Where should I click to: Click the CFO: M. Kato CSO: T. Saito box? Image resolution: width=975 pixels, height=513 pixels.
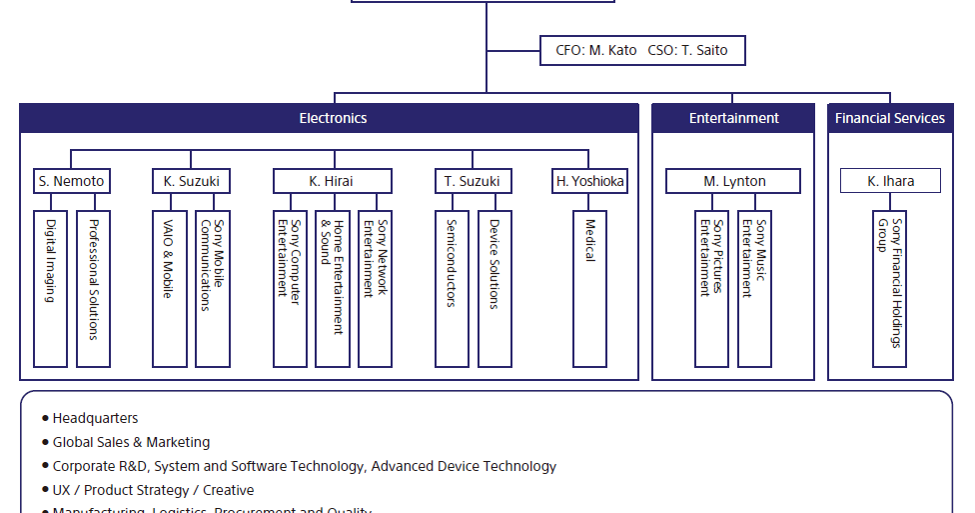(x=641, y=51)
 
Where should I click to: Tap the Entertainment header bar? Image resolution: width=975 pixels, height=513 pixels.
(x=733, y=118)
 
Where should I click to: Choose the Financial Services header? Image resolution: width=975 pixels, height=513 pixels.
(x=889, y=118)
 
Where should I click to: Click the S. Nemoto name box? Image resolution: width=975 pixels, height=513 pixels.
(x=71, y=181)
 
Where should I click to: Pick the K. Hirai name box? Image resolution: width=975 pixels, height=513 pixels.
(x=332, y=181)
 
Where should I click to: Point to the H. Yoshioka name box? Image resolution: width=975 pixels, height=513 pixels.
(x=590, y=181)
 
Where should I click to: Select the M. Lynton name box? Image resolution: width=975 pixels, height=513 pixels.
(x=734, y=181)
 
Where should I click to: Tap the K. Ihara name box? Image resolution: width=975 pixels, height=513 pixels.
(x=890, y=181)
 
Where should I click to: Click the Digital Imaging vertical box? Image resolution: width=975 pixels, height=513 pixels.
(x=50, y=288)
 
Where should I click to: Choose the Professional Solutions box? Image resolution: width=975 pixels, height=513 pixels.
(x=93, y=288)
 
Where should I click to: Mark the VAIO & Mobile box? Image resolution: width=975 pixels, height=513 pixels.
(x=169, y=288)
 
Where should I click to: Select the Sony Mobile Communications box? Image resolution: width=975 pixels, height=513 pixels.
(x=212, y=288)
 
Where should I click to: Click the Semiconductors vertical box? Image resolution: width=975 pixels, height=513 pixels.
(x=452, y=288)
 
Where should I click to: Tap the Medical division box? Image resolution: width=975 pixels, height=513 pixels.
(x=589, y=288)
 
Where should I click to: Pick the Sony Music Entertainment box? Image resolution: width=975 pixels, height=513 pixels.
(x=754, y=288)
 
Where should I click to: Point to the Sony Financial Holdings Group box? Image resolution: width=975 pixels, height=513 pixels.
(x=889, y=288)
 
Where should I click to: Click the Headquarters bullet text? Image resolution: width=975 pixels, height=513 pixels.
(x=95, y=418)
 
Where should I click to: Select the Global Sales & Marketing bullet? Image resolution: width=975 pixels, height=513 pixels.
(x=131, y=442)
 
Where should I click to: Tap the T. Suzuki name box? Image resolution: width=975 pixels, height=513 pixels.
(x=474, y=181)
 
